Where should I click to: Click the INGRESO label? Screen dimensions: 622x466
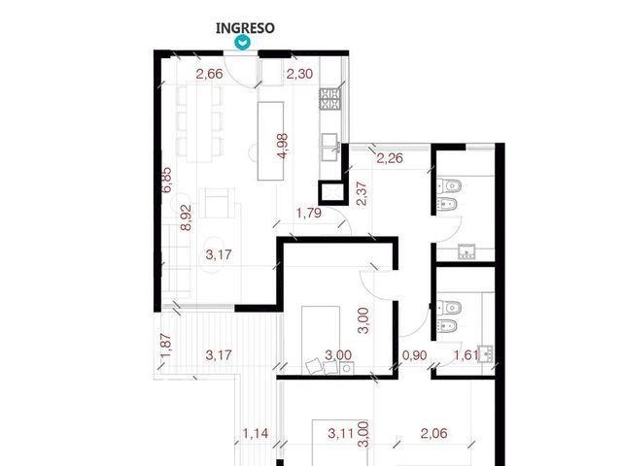tap(245, 28)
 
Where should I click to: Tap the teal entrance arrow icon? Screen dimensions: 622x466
tap(242, 43)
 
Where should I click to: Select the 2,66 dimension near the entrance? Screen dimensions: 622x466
tap(210, 74)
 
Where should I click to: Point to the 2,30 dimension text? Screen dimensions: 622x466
tap(299, 74)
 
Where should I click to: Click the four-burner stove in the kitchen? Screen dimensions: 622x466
tap(330, 99)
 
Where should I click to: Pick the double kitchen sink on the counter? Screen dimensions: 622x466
tap(330, 147)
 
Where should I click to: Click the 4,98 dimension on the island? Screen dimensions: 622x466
tap(283, 146)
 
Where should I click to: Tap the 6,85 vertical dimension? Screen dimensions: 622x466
tap(167, 180)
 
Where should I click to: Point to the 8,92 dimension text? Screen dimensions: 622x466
tap(186, 217)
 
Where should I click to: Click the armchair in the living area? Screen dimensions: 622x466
tap(217, 203)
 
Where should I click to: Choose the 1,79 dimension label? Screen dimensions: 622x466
tap(309, 213)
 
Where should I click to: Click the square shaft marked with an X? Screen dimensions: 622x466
tap(330, 193)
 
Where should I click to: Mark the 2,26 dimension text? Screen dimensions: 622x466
tap(390, 158)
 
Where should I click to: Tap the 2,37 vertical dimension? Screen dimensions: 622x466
tap(362, 193)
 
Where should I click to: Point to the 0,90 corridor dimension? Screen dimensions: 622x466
tap(415, 355)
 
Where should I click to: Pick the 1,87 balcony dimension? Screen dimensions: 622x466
tap(166, 346)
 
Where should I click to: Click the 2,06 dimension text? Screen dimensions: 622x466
tap(434, 433)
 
